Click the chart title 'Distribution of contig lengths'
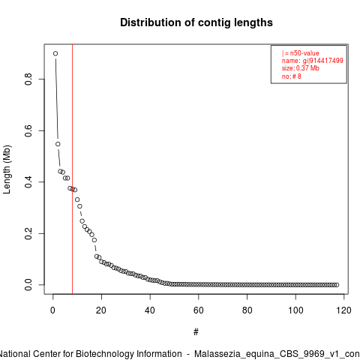pyautogui.click(x=196, y=22)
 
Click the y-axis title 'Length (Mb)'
pyautogui.click(x=7, y=169)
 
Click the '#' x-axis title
pyautogui.click(x=196, y=332)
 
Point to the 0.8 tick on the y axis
pyautogui.click(x=28, y=79)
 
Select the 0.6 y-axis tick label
pyautogui.click(x=28, y=130)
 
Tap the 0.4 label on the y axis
pyautogui.click(x=28, y=182)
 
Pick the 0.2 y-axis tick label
pyautogui.click(x=28, y=233)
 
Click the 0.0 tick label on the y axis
pyautogui.click(x=28, y=285)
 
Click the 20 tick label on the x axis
pyautogui.click(x=101, y=310)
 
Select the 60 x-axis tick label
pyautogui.click(x=198, y=310)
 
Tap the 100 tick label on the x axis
pyautogui.click(x=295, y=310)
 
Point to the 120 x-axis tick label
pyautogui.click(x=344, y=310)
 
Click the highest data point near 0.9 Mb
pyautogui.click(x=55, y=53)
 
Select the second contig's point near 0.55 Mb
pyautogui.click(x=58, y=144)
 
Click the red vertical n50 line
pyautogui.click(x=72, y=169)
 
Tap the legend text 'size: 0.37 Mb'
pyautogui.click(x=300, y=68)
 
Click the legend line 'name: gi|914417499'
pyautogui.click(x=312, y=61)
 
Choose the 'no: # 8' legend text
pyautogui.click(x=292, y=76)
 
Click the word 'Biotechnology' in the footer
pyautogui.click(x=129, y=354)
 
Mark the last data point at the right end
pyautogui.click(x=337, y=285)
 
